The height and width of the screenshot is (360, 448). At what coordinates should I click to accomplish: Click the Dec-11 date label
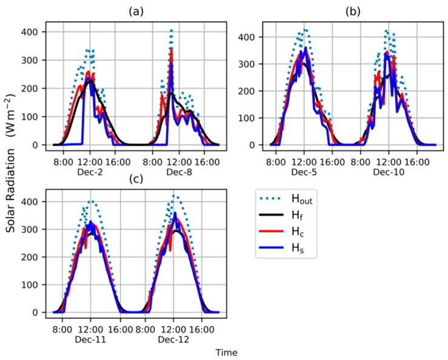pyautogui.click(x=90, y=340)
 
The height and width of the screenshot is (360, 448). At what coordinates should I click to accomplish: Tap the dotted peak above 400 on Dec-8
pyautogui.click(x=172, y=30)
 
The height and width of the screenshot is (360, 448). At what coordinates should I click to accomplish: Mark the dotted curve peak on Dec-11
pyautogui.click(x=90, y=201)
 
